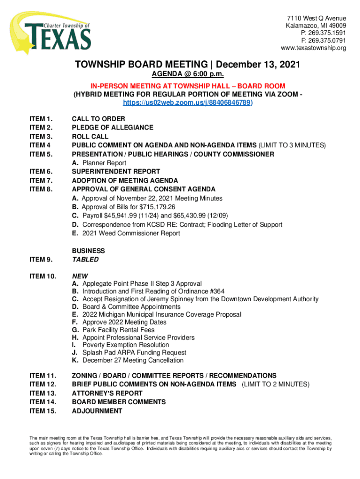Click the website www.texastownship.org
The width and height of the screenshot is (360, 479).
313,48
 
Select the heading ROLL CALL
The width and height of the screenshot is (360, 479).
90,137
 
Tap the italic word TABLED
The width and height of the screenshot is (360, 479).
85,260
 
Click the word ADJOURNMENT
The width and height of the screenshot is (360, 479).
97,411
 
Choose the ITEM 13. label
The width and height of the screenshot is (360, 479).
43,393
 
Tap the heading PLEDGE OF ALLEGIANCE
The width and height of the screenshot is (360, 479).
112,128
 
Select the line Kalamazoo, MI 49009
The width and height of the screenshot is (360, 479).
316,26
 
